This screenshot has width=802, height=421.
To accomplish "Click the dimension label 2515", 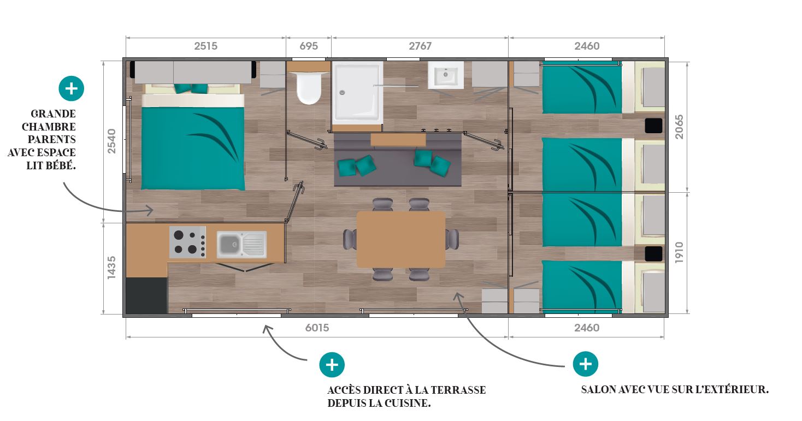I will (x=205, y=46).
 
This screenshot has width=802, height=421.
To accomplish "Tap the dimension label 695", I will (x=309, y=46).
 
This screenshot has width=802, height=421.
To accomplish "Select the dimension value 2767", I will (x=420, y=46).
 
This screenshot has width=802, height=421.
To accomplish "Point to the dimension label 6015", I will (x=317, y=328).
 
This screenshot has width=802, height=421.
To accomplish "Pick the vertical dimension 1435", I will (x=111, y=268).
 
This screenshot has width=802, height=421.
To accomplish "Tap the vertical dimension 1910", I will (x=679, y=253).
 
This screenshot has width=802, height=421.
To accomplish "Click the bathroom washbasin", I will (x=446, y=75).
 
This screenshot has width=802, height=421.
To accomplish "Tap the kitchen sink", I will (x=241, y=244).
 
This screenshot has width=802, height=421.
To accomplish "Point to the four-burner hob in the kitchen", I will (x=187, y=242).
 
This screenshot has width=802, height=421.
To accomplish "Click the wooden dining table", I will (x=400, y=239).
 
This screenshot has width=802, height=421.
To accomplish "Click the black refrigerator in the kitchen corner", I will (x=146, y=295).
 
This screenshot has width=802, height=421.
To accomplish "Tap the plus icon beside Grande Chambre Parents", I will (x=71, y=88).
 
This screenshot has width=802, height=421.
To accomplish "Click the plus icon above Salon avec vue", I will (x=585, y=364).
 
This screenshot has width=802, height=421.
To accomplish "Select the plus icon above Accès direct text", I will (x=332, y=364).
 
